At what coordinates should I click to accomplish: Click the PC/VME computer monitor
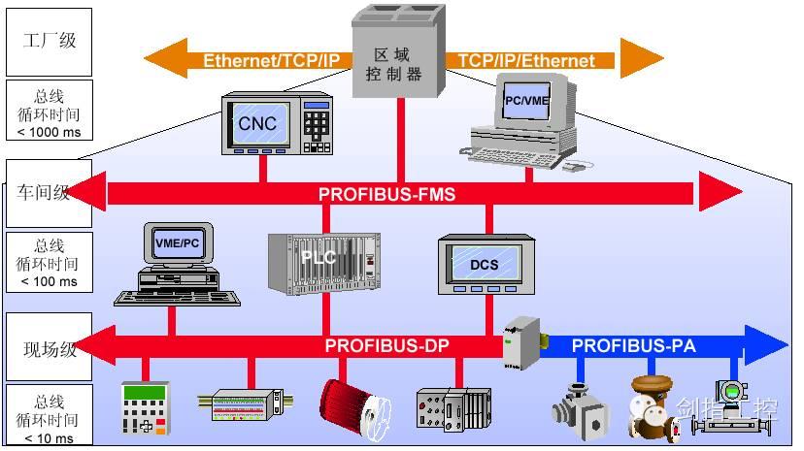[525, 100]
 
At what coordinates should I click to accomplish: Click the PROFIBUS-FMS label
[386, 194]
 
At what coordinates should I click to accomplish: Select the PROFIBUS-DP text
[386, 345]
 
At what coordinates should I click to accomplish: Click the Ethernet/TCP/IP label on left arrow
[271, 60]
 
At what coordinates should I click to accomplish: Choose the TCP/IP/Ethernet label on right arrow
[525, 60]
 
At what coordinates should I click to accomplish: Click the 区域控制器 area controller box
[399, 58]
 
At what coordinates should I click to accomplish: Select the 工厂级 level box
[49, 41]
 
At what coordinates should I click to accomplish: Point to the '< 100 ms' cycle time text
[49, 281]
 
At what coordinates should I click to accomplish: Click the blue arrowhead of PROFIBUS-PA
[770, 345]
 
